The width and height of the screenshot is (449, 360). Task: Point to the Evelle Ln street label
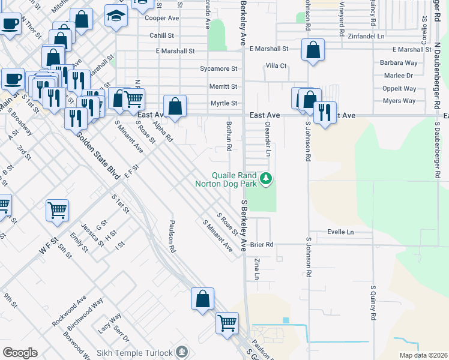click(x=340, y=232)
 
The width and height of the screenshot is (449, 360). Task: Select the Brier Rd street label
click(x=262, y=244)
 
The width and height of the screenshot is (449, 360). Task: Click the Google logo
click(x=20, y=353)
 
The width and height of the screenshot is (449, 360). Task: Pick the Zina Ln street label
click(x=257, y=269)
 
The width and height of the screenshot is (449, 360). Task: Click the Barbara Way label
click(x=398, y=62)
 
